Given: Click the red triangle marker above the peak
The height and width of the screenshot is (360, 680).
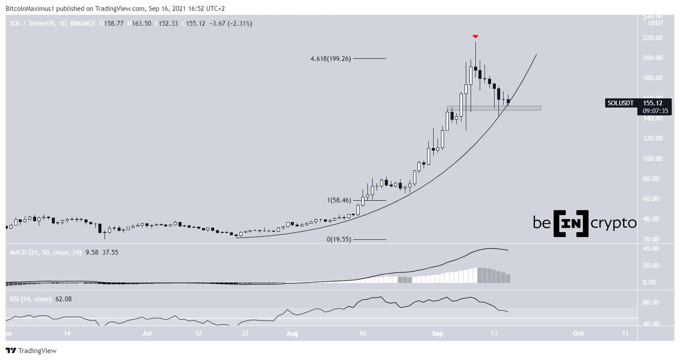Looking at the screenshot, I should [475, 37].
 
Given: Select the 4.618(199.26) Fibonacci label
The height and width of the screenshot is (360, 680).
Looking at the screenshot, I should [330, 58].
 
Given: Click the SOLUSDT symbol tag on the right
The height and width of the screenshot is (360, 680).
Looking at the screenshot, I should [620, 103].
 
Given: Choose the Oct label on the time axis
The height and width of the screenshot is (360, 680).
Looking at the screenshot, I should [578, 333].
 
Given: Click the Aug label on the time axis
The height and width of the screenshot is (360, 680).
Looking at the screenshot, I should [292, 333].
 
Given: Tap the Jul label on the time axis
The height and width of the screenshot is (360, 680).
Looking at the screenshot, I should [147, 333].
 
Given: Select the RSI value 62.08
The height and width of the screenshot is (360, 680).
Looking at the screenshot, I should [63, 299].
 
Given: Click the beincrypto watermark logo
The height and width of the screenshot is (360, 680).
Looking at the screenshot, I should [584, 223].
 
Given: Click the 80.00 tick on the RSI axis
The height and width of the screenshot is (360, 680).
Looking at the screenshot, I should [652, 303].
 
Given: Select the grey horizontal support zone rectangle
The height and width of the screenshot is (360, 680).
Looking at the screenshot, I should [494, 108].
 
